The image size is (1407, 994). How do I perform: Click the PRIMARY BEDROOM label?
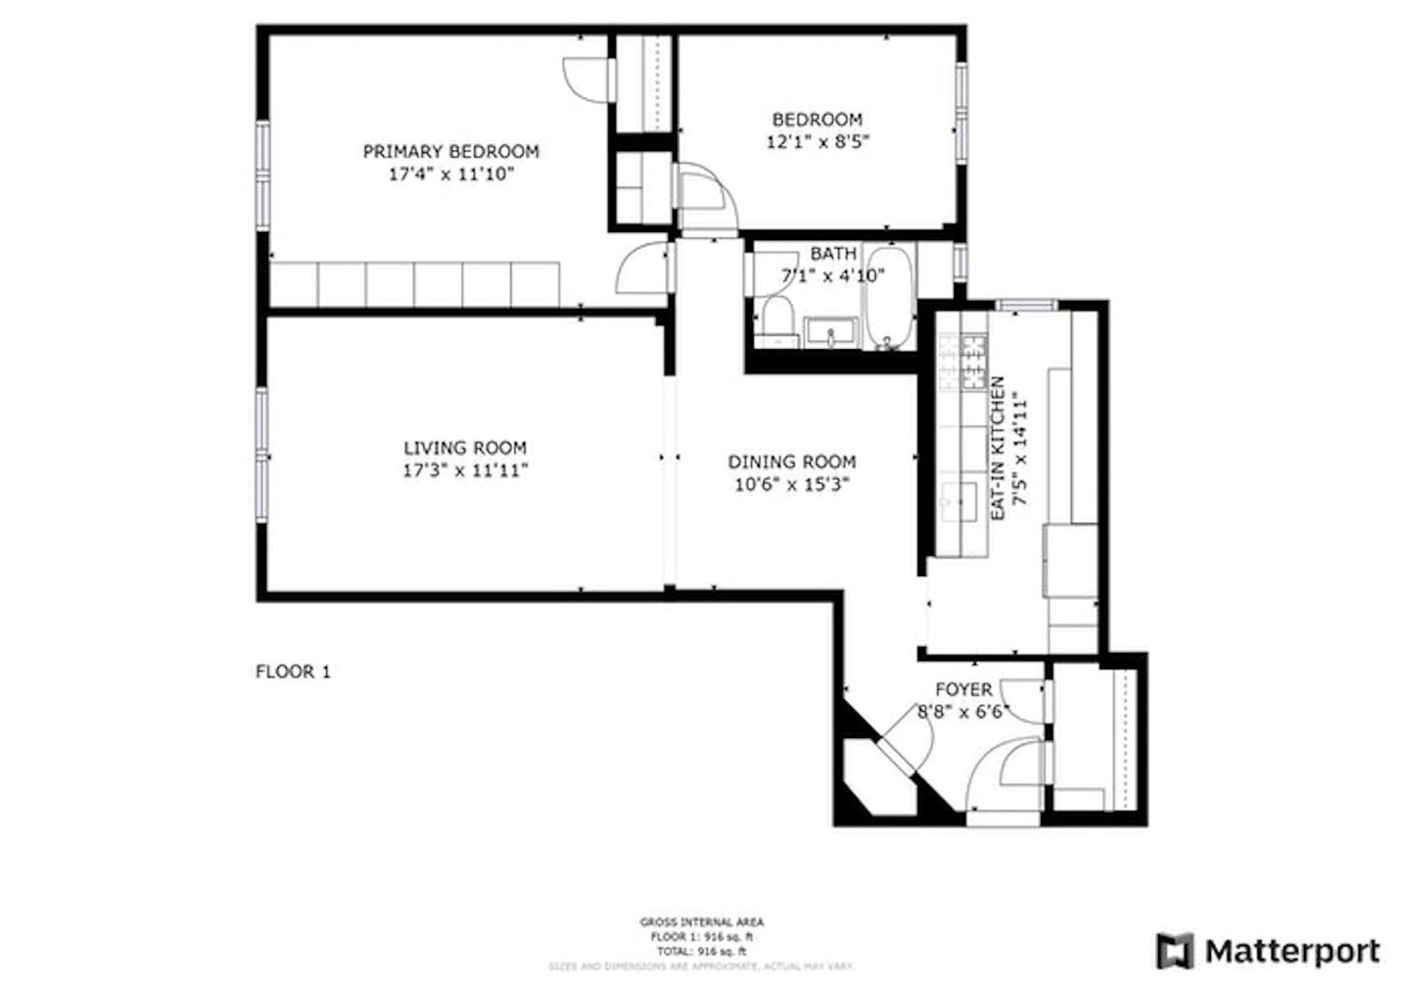pos(450,151)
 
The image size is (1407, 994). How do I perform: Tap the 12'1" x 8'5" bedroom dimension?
pos(817,142)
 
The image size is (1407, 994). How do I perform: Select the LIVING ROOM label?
pos(464,448)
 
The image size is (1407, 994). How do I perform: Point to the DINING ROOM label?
pos(791,462)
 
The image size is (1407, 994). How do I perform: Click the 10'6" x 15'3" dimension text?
pos(791,484)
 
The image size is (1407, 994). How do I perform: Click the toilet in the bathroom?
pos(777,319)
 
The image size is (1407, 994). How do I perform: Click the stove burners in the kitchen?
pos(973,362)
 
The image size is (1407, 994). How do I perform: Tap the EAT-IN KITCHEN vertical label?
pos(998,449)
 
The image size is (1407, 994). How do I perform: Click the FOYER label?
pos(963,690)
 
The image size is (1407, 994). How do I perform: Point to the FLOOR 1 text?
pos(293,672)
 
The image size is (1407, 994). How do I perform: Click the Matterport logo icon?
pos(1175,951)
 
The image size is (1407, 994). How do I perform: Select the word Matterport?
pos(1292,951)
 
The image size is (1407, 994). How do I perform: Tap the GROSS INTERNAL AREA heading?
pos(702,922)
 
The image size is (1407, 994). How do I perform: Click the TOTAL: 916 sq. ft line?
pos(702,952)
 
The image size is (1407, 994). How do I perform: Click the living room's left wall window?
pos(262,456)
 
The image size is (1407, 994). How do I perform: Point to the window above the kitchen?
pos(1026,305)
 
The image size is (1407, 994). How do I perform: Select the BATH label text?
pos(833,253)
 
